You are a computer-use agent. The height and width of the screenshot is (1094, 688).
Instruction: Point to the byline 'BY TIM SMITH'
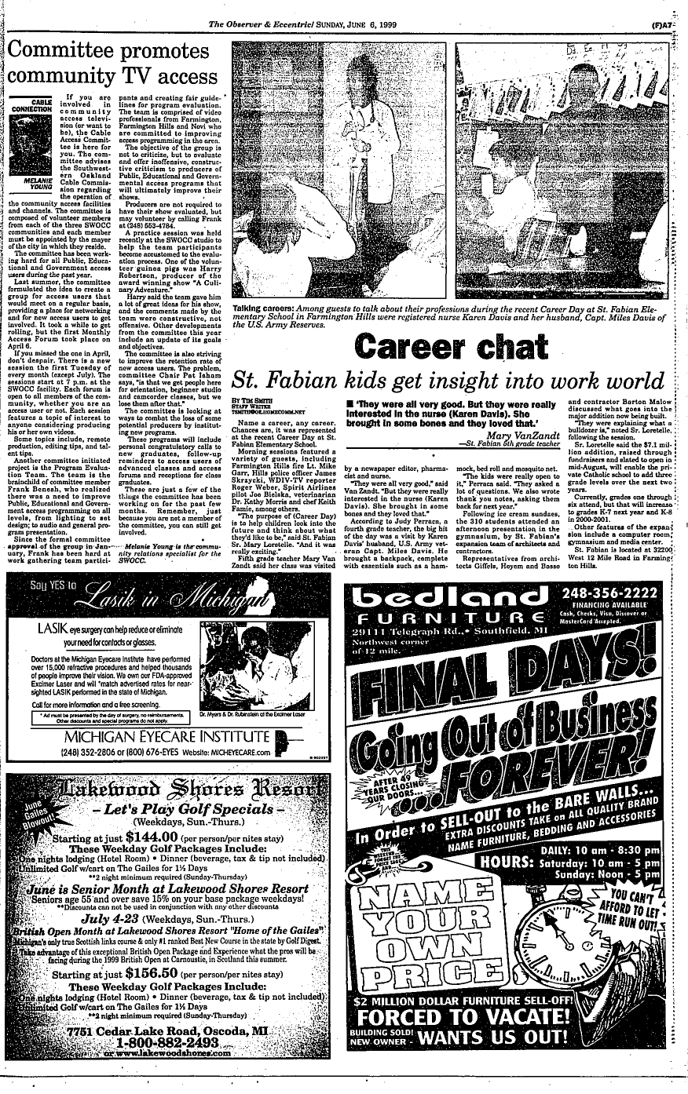tap(247, 399)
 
